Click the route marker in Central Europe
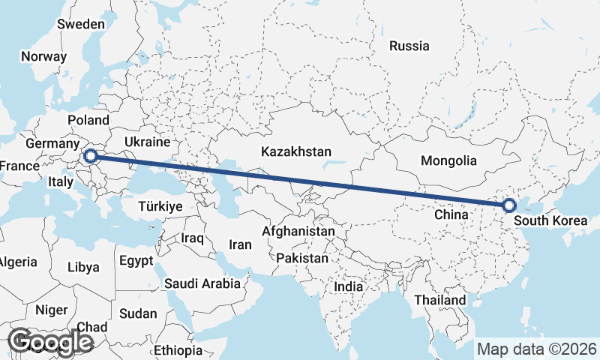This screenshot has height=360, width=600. pos(91,156)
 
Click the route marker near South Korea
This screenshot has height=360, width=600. pos(509,205)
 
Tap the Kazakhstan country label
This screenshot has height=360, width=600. pos(296,152)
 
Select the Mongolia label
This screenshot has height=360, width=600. pos(448,160)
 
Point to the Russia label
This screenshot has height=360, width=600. pos(409,46)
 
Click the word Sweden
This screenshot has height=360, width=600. pos(80,24)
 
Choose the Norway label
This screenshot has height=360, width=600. pos(43,56)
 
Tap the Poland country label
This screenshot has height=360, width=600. pos(88,120)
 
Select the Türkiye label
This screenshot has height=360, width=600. pos(160,206)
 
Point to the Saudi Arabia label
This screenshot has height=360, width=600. pos(202,283)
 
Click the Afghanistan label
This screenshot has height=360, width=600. pos(298,232)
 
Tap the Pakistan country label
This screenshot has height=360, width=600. pos(302,258)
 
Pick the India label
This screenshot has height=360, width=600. pos(348,286)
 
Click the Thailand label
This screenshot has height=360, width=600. pos(440,300)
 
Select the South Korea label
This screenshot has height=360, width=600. pos(550,222)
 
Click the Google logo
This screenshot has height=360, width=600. pos(50,342)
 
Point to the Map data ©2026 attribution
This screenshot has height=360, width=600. pos(537,349)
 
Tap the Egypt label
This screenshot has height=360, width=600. pos(136,261)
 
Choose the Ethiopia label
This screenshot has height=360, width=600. pos(178,350)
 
